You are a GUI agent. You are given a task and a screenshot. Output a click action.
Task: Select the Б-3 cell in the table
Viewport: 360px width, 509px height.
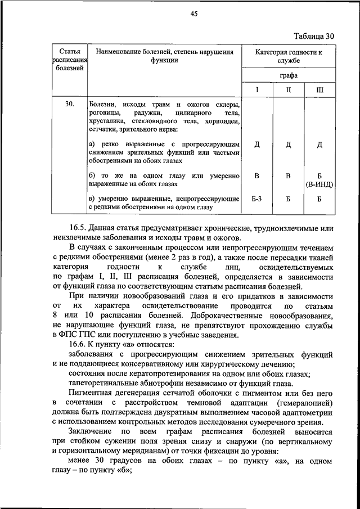(x=256, y=199)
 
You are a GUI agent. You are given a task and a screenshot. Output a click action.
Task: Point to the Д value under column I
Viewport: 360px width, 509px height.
(x=256, y=145)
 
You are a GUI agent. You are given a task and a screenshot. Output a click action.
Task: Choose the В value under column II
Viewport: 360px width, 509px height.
(x=288, y=175)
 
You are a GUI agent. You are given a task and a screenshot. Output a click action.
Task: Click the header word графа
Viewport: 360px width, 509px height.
(x=288, y=75)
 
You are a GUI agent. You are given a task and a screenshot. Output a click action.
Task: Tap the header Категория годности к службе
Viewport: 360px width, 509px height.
(x=288, y=56)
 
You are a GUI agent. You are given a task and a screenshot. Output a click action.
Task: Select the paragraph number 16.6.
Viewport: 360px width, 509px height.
(x=79, y=344)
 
